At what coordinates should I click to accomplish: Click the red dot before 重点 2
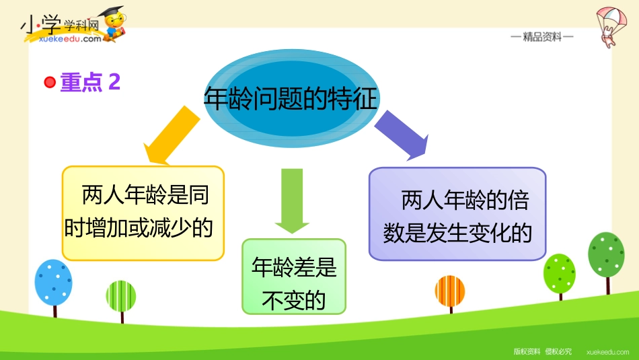(50, 82)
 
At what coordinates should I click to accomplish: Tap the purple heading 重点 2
(90, 82)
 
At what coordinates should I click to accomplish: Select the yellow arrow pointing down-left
(172, 135)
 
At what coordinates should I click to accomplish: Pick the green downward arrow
(292, 201)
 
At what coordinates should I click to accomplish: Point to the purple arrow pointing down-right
(401, 135)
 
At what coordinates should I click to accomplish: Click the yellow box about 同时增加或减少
(143, 213)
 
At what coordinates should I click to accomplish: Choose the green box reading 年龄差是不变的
(294, 277)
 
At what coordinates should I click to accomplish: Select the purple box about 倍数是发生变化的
(457, 213)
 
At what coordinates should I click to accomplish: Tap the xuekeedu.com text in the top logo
(70, 39)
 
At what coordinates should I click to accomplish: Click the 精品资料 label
(542, 37)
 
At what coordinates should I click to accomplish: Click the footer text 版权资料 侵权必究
(542, 351)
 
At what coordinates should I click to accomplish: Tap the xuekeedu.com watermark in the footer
(607, 352)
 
